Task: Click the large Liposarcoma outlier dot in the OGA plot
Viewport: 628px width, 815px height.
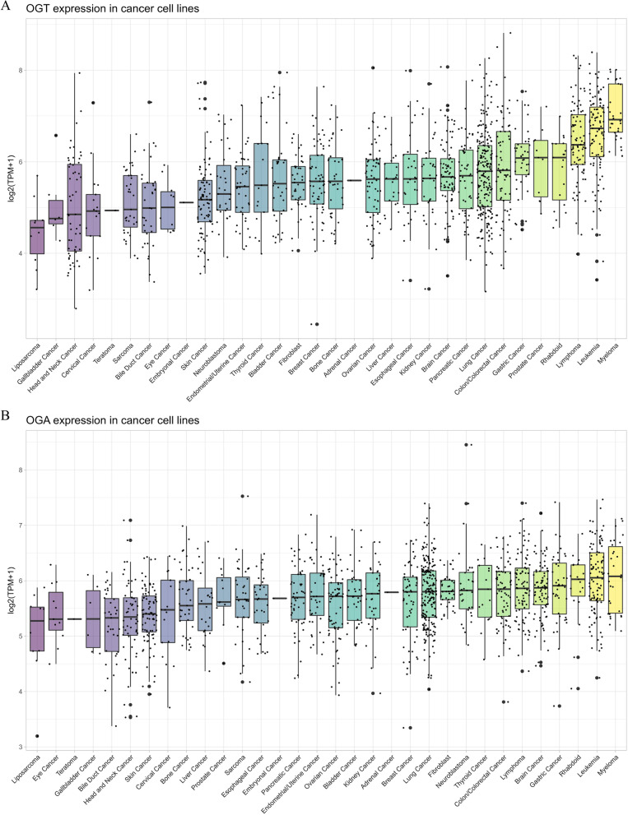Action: click(37, 736)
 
